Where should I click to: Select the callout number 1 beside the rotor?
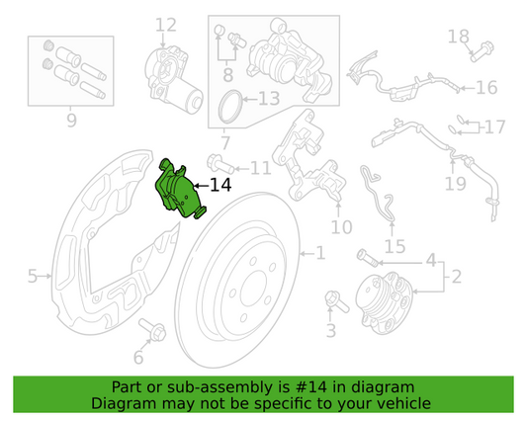pyautogui.click(x=319, y=254)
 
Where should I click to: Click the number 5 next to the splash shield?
pyautogui.click(x=32, y=277)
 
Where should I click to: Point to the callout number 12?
pyautogui.click(x=165, y=25)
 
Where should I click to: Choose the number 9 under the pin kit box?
pyautogui.click(x=70, y=121)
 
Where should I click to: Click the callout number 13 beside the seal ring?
pyautogui.click(x=269, y=98)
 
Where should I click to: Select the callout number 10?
pyautogui.click(x=341, y=227)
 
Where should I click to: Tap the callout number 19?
pyautogui.click(x=455, y=184)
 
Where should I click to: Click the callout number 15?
pyautogui.click(x=395, y=245)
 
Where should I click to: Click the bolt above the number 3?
pyautogui.click(x=331, y=298)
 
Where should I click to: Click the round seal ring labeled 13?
pyautogui.click(x=230, y=102)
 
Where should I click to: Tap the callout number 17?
pyautogui.click(x=493, y=126)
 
